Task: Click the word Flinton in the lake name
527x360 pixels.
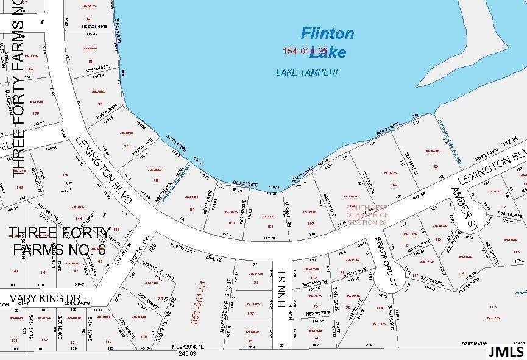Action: [327, 34]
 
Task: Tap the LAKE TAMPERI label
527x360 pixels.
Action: [306, 72]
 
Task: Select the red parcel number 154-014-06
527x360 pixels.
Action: [305, 51]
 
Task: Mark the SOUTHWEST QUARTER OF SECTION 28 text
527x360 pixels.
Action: [367, 215]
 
